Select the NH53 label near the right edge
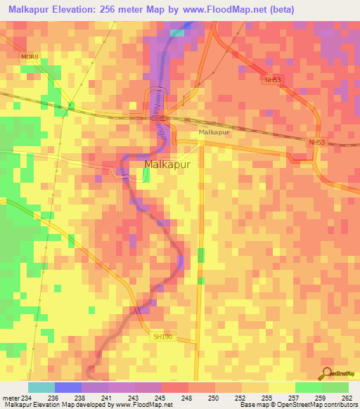(316, 142)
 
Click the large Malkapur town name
(172, 165)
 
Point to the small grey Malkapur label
(214, 132)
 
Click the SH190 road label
(162, 337)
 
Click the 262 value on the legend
(346, 398)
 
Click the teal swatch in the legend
(41, 387)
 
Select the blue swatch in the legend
(67, 387)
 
